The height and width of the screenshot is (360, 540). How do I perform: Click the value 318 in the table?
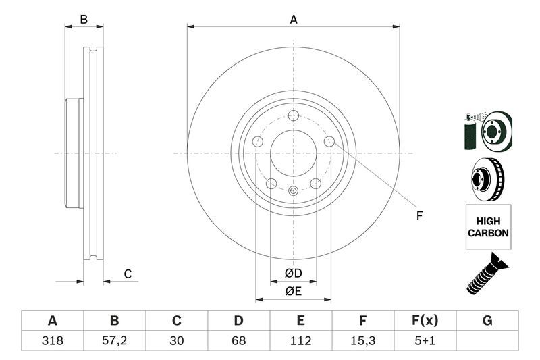pos(52,341)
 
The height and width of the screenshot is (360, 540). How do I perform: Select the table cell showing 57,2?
pos(114,341)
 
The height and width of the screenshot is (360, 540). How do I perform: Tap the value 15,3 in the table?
pos(362,341)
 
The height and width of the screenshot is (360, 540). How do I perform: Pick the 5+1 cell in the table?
pos(425,341)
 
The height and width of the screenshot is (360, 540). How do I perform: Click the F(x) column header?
pos(425,321)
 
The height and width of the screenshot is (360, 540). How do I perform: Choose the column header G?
pos(487,321)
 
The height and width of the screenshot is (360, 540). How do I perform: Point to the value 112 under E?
pos(300,341)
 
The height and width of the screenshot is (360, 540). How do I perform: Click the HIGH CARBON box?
pos(487,227)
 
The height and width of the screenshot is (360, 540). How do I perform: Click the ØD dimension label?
pos(293,273)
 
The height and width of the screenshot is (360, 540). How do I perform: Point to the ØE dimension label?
pos(293,291)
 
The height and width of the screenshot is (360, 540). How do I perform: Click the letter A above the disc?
pos(294,20)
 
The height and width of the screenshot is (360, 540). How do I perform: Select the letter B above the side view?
pos(84,20)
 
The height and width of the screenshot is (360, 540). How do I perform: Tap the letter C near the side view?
pos(127,274)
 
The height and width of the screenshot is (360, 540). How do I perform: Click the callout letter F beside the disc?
pos(418,216)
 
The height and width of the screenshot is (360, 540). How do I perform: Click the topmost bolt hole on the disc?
pos(293,115)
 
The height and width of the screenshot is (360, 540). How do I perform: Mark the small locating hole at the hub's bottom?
pos(293,191)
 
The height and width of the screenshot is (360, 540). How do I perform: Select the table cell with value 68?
pos(238,341)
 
